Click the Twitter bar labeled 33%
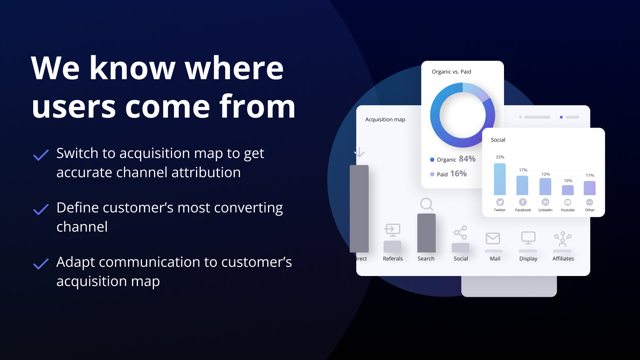click(x=500, y=179)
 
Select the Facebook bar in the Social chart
click(x=522, y=185)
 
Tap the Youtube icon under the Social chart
click(x=568, y=202)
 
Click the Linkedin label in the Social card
click(x=545, y=210)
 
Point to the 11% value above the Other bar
click(x=590, y=175)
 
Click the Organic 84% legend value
click(x=467, y=159)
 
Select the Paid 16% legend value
click(x=458, y=174)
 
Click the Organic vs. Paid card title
click(x=451, y=72)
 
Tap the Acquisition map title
click(x=385, y=120)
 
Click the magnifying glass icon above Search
click(x=426, y=204)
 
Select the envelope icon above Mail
click(x=493, y=238)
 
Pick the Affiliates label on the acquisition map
click(x=563, y=259)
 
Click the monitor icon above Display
click(x=528, y=238)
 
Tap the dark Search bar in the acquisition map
click(x=426, y=233)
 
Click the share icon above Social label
click(x=460, y=232)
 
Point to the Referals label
click(x=393, y=259)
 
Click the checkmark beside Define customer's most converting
click(x=41, y=209)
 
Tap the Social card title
click(x=498, y=140)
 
